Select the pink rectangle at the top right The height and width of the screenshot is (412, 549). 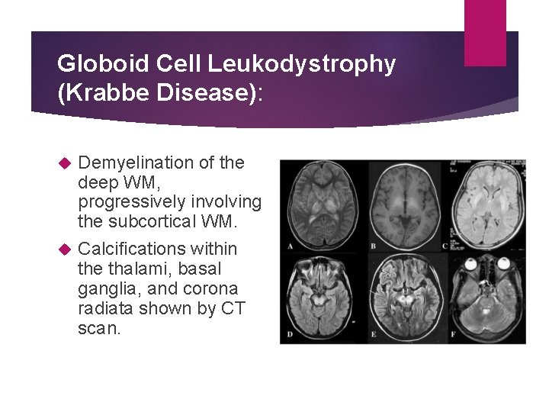pyautogui.click(x=485, y=32)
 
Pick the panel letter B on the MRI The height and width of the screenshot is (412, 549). pyautogui.click(x=373, y=246)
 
